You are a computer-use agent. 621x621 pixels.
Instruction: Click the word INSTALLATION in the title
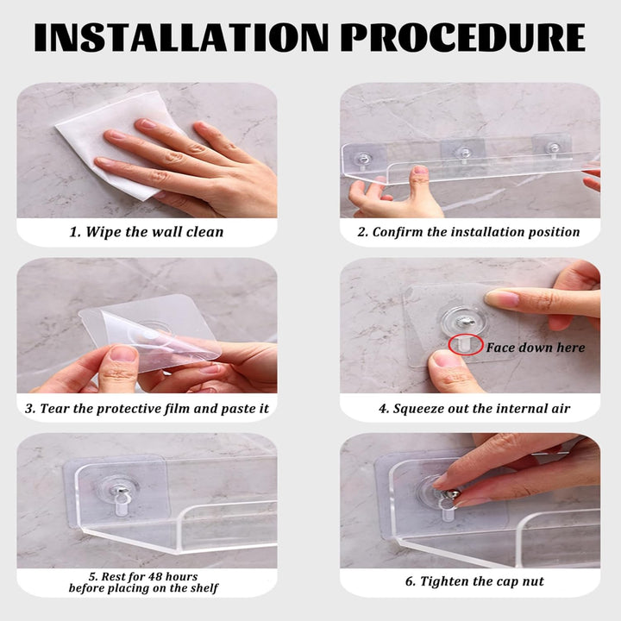pos(181,37)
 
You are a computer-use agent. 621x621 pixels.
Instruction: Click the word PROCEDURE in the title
pos(463,37)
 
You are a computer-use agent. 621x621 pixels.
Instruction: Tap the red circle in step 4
pos(466,344)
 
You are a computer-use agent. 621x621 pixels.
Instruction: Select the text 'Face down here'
pos(536,348)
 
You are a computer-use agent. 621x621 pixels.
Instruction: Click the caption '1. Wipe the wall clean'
pos(147,232)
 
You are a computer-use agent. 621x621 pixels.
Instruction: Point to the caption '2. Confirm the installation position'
pos(468,232)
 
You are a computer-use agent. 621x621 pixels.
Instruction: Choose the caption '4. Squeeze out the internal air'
pos(474,408)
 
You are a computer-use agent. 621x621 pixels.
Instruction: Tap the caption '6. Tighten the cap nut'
pos(474,581)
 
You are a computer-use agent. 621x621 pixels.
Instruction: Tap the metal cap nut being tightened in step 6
pos(451,495)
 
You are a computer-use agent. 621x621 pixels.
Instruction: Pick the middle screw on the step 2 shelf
pos(463,154)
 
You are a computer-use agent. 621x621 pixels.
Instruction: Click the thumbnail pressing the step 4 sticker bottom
pos(443,359)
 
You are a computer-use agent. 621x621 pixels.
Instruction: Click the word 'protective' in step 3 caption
pos(122,409)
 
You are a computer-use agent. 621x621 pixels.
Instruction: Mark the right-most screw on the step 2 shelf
pos(553,148)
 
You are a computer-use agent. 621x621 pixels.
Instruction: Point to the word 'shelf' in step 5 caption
pos(207,588)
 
